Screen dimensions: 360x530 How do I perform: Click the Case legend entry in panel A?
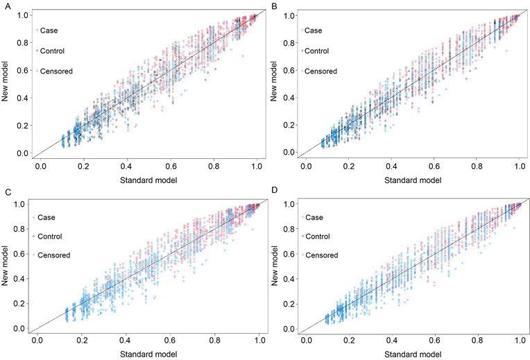click(x=49, y=31)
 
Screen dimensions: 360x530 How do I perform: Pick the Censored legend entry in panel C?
click(x=57, y=255)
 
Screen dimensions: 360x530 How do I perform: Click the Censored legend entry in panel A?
click(x=56, y=71)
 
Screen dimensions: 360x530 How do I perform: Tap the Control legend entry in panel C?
click(x=53, y=236)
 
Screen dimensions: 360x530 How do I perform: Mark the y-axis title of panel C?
click(x=6, y=266)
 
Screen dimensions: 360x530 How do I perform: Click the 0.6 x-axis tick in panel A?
click(x=170, y=169)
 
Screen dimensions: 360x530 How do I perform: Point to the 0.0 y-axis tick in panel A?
click(x=23, y=153)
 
